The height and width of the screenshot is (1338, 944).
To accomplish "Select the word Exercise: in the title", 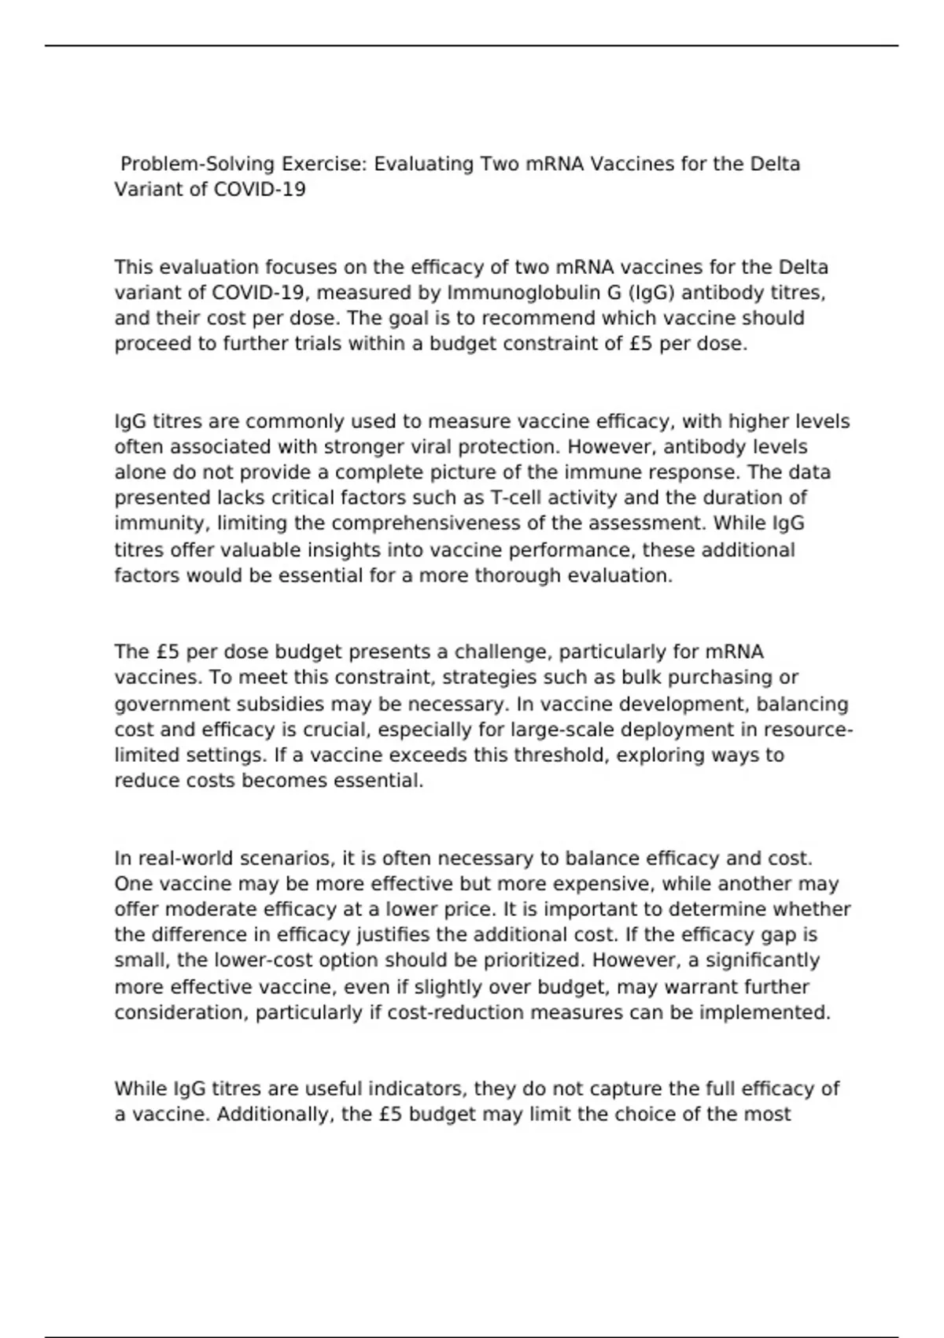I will tap(324, 164).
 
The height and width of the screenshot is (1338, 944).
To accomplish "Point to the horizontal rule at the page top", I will tap(472, 46).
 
